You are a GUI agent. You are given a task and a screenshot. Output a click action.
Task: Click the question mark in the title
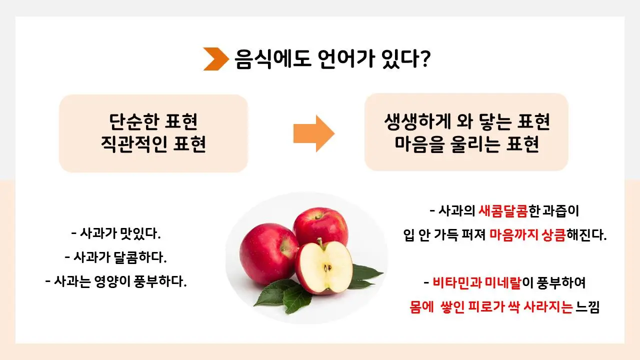[424, 59]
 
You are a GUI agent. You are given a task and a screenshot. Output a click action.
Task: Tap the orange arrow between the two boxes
[313, 133]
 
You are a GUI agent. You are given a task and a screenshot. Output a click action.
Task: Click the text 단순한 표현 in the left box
[153, 121]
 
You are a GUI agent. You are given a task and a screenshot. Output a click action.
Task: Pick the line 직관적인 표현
[153, 144]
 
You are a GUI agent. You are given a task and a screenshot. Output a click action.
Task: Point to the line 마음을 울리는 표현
[466, 144]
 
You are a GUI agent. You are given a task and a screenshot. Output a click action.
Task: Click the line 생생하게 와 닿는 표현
[466, 121]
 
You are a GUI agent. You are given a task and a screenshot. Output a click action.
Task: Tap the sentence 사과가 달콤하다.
[115, 257]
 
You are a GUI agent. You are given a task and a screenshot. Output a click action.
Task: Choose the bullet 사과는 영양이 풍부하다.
[115, 281]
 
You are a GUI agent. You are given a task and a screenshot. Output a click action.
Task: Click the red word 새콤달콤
[503, 211]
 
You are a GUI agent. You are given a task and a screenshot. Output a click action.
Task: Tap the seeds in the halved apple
[327, 268]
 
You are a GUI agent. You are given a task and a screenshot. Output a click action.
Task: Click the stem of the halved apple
[320, 244]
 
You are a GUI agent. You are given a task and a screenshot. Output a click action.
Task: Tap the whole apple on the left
[267, 247]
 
